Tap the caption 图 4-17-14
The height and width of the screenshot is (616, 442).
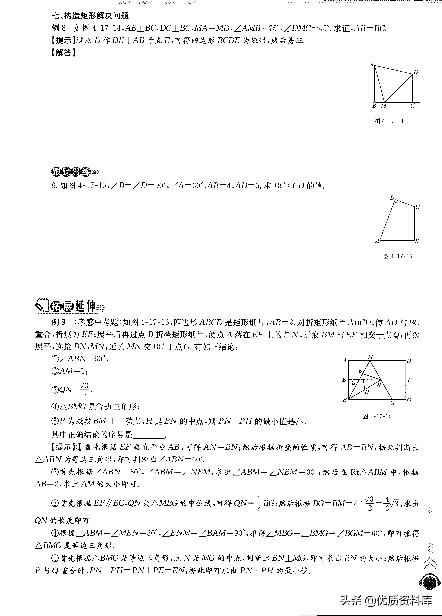point(389,121)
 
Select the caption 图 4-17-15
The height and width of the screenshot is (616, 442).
point(397,256)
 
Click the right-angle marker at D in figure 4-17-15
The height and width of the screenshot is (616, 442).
point(396,202)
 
